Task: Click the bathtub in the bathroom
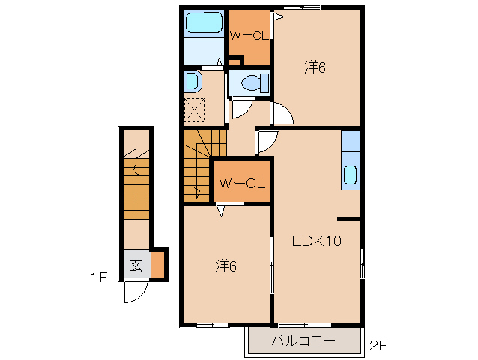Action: coord(204,22)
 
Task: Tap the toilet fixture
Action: coord(255,82)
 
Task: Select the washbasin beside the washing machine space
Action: coord(193,81)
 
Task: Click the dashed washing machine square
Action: coord(194,109)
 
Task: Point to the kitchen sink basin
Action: coord(350,175)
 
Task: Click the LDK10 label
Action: coord(317,241)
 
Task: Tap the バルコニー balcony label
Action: coord(303,340)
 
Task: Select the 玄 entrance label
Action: coord(136,265)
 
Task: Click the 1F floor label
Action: coord(98,277)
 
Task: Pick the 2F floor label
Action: coord(378,345)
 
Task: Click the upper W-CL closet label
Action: coord(249,36)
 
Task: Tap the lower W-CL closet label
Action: coord(242,183)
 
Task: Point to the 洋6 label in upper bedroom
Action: coord(315,67)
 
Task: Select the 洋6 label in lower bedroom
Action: coord(226,265)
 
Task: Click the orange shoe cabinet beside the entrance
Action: coord(158,264)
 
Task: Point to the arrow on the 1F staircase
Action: coord(136,169)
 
